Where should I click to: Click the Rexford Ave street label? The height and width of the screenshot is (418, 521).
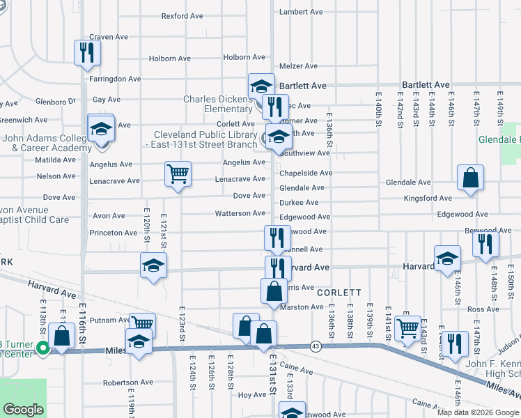[180, 15]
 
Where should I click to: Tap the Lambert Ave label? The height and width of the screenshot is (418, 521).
[301, 12]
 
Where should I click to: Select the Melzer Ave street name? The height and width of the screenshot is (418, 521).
[298, 66]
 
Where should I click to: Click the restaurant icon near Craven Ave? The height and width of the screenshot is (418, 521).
[88, 53]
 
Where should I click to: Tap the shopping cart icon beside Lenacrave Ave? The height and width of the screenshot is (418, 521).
[178, 174]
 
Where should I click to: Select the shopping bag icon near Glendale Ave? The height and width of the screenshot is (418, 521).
[471, 178]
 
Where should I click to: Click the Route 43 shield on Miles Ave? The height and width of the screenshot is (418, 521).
[316, 346]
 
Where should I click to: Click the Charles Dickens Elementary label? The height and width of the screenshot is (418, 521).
[218, 104]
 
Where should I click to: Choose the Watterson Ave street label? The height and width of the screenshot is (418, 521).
[240, 213]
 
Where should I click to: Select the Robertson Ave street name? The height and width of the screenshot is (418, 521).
[127, 382]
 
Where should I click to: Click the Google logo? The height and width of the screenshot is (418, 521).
[24, 410]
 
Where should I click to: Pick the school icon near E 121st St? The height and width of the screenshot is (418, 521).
[153, 265]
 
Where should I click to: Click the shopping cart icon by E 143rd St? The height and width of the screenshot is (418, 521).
[407, 328]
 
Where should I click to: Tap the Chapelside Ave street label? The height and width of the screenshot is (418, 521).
[306, 173]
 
